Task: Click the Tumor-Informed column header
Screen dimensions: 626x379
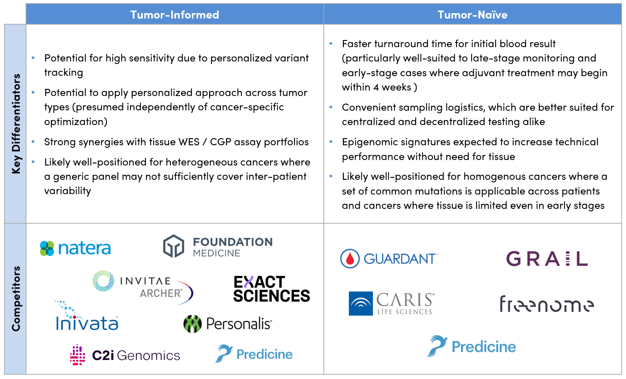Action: point(175,15)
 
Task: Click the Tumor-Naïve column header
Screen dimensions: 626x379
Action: point(472,15)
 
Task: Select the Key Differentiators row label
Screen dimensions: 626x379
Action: point(16,123)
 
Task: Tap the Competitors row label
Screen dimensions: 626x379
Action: point(16,299)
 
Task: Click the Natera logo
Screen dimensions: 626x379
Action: point(75,248)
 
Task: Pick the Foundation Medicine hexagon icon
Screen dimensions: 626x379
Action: point(174,246)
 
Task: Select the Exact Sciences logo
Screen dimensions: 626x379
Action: point(271,289)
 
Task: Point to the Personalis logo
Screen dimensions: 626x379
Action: point(228,324)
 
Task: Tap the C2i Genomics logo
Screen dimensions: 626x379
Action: point(125,355)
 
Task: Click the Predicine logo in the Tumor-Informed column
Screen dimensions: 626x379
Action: point(254,354)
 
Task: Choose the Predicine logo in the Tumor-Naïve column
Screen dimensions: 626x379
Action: point(472,347)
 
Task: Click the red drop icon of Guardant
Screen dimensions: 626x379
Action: point(350,259)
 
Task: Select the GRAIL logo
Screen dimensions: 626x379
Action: point(546,259)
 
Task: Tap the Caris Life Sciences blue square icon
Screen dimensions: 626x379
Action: point(361,304)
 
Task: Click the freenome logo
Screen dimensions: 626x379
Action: point(546,304)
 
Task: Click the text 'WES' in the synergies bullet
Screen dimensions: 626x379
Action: point(189,142)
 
